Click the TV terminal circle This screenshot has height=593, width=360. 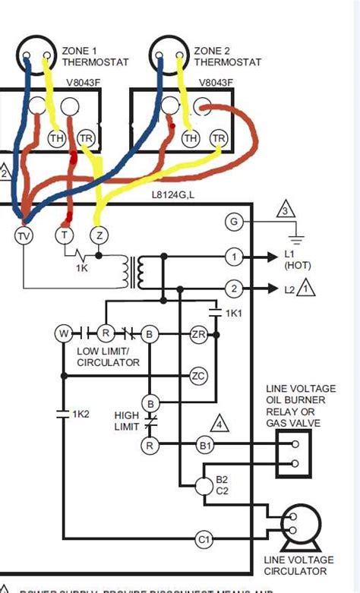click(24, 235)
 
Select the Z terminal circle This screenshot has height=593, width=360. click(97, 235)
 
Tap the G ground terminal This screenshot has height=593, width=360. click(234, 222)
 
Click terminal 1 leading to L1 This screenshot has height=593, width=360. click(234, 258)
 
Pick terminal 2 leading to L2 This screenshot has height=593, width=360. click(234, 288)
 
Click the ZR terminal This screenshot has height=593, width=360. click(198, 334)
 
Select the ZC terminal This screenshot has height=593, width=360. click(198, 376)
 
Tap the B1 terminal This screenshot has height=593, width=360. click(204, 445)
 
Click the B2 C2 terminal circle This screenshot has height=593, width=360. click(204, 486)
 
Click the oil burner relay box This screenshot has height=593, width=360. click(294, 454)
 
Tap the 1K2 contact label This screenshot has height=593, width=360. click(81, 414)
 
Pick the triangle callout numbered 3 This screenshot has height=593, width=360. click(286, 210)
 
